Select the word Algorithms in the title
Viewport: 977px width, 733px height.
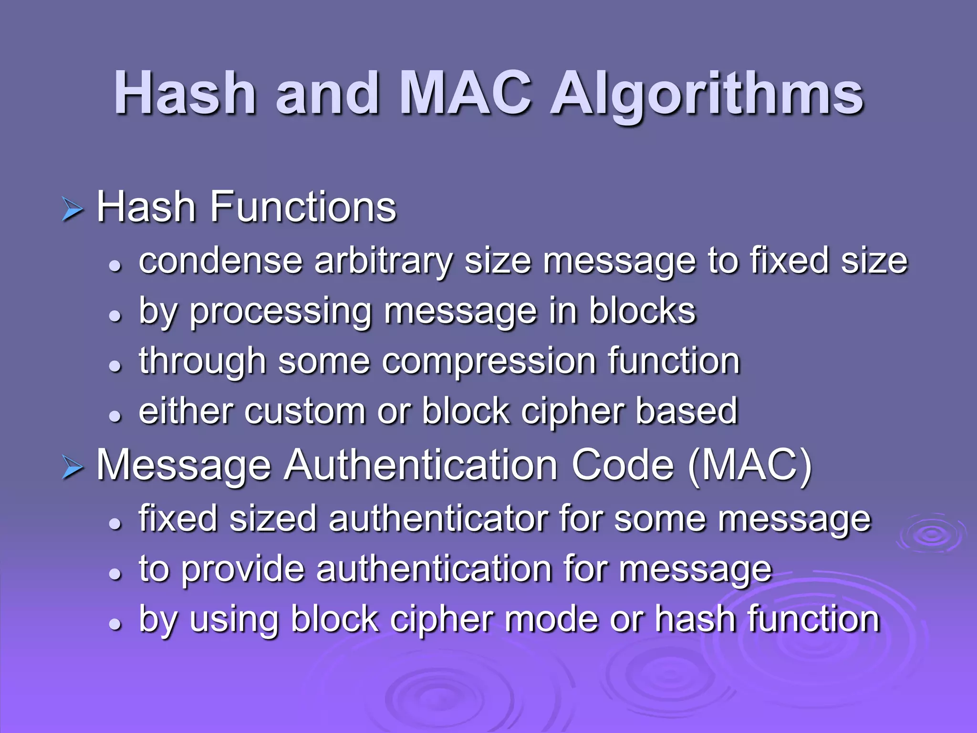tap(707, 95)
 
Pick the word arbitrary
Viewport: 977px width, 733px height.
tap(383, 262)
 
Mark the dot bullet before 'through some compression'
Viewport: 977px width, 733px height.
tap(115, 366)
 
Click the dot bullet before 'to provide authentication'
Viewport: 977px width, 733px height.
tap(115, 574)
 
